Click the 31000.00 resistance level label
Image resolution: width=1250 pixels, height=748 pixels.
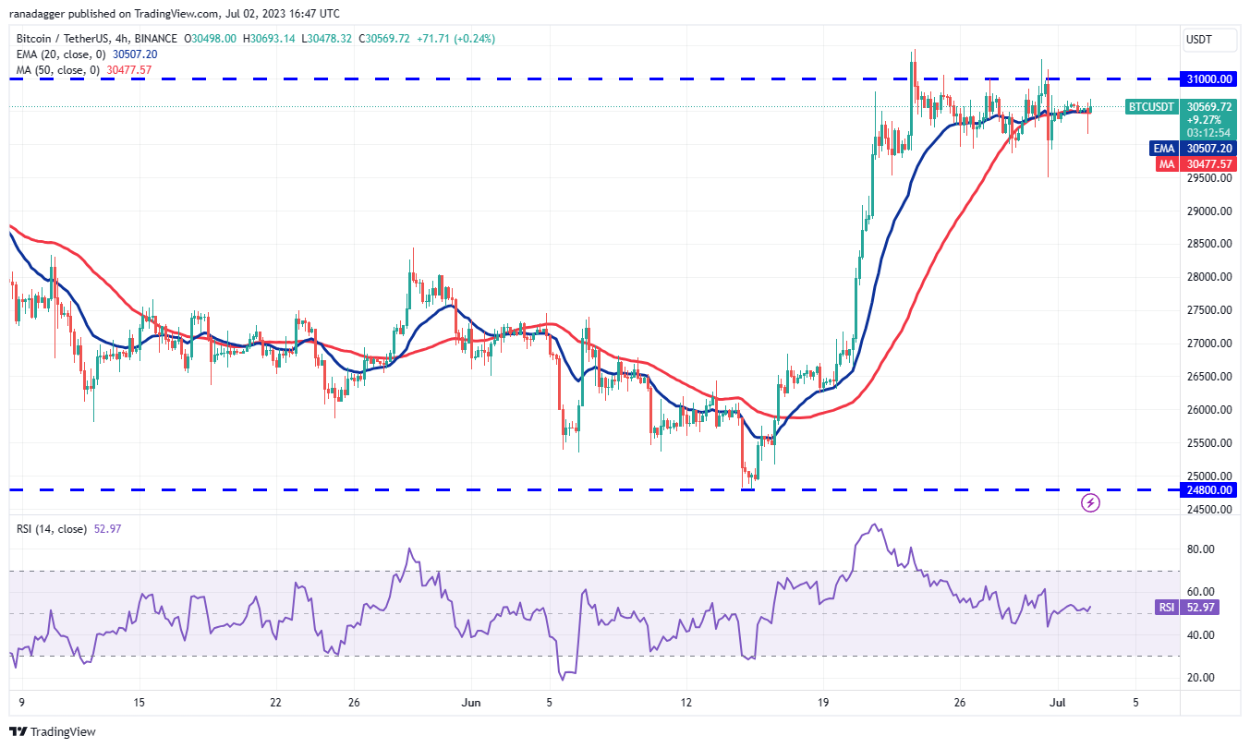pyautogui.click(x=1210, y=79)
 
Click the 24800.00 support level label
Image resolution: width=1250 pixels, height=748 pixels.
pyautogui.click(x=1210, y=490)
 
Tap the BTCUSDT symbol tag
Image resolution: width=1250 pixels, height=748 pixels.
pyautogui.click(x=1152, y=107)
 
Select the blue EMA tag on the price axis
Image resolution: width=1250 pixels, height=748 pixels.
pyautogui.click(x=1163, y=148)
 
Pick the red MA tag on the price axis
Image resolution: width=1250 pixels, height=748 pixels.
pyautogui.click(x=1167, y=164)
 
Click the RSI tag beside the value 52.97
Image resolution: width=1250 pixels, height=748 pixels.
pyautogui.click(x=1167, y=607)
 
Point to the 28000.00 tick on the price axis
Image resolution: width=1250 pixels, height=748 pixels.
pyautogui.click(x=1210, y=277)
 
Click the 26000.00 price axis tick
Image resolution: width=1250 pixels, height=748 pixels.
pyautogui.click(x=1210, y=410)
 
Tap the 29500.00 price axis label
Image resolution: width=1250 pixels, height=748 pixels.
pyautogui.click(x=1210, y=178)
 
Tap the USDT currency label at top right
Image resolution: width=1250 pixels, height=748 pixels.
pyautogui.click(x=1199, y=40)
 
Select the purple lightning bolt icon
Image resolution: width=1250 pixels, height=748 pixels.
pyautogui.click(x=1090, y=503)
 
